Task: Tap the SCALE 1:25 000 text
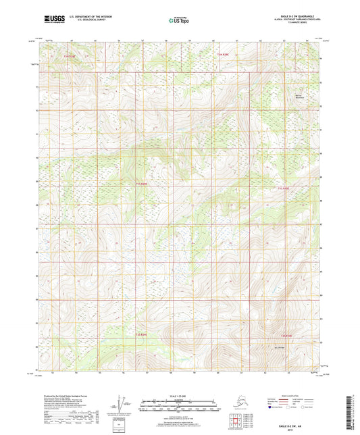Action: coord(180,396)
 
